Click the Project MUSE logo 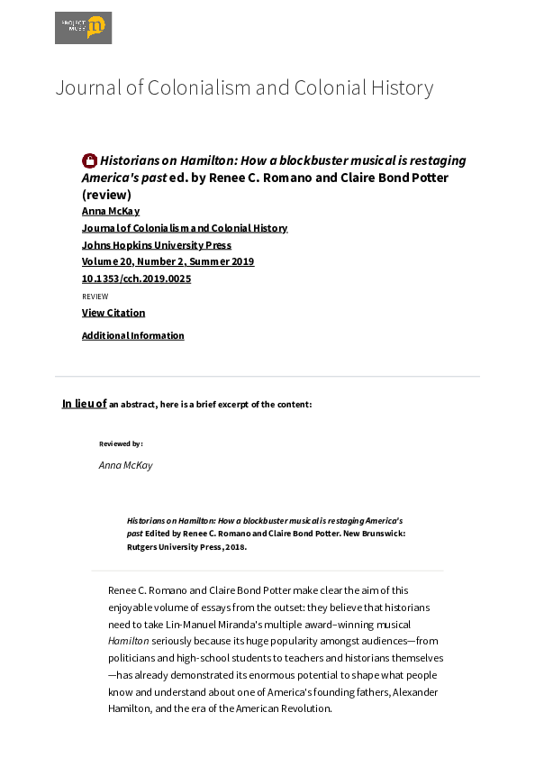tap(83, 28)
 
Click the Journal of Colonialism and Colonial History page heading tap(244, 87)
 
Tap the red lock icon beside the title tap(89, 160)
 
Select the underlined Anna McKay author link tap(111, 211)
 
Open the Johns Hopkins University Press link tap(157, 245)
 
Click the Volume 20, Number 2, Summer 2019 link tap(168, 261)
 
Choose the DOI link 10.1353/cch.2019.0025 tap(136, 279)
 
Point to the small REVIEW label tap(95, 297)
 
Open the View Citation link tap(113, 313)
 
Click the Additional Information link tap(133, 335)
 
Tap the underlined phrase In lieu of tap(84, 404)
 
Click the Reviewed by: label tap(121, 443)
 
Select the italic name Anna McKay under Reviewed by tap(125, 465)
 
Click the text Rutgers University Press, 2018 tap(186, 546)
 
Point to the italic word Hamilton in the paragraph tap(128, 641)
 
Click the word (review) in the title tap(106, 194)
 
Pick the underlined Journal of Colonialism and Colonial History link tap(185, 228)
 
